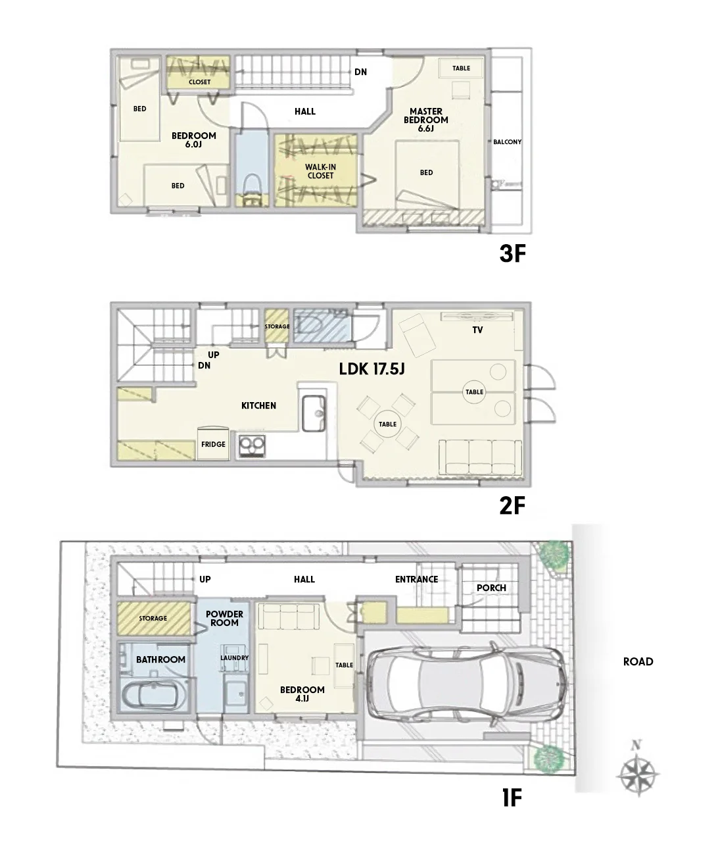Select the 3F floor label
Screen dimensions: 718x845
tap(513, 253)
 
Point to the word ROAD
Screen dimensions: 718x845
tap(638, 661)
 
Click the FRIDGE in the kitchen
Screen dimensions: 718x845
tap(213, 444)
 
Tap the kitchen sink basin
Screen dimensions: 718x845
tap(314, 413)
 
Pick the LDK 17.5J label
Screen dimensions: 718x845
tap(371, 369)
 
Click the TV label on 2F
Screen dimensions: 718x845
tap(477, 330)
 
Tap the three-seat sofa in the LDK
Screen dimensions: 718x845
tap(480, 457)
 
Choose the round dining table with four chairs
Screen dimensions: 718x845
tap(387, 424)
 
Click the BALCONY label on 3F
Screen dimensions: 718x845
tap(507, 142)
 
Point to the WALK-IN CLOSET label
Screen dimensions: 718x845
tap(320, 171)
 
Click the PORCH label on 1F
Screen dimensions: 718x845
tap(491, 588)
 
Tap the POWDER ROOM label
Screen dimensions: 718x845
tap(224, 618)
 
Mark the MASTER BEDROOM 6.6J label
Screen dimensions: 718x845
tap(425, 120)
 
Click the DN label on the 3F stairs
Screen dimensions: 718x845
tap(360, 72)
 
